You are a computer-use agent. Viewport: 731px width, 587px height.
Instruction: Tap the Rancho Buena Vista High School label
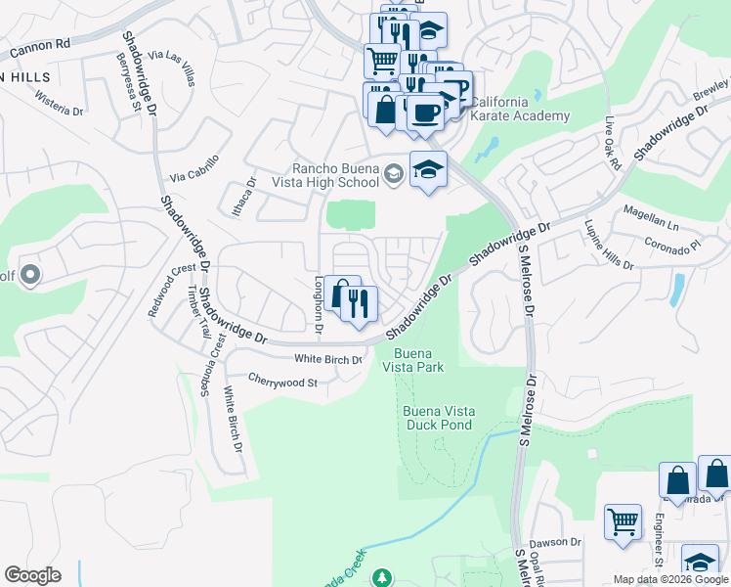[335, 175]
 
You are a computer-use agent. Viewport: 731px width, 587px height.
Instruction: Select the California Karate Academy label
[519, 109]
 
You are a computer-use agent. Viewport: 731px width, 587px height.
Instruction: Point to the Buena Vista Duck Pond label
[438, 418]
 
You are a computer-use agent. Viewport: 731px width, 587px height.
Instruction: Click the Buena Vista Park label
[419, 360]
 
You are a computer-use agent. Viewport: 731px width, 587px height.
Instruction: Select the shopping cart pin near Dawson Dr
[622, 520]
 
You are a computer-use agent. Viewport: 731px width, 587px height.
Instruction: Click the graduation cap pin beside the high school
[428, 171]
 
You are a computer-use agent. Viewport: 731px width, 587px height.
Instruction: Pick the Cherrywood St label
[282, 381]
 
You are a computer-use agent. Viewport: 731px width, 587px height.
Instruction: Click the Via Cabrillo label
[193, 172]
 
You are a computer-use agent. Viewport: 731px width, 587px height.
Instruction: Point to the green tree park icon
[383, 578]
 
